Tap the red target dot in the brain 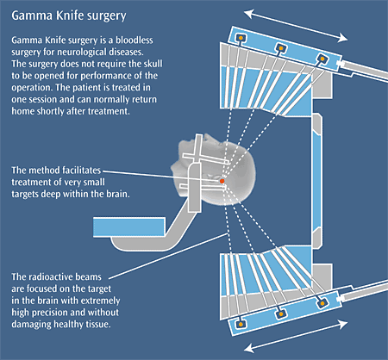point(222,181)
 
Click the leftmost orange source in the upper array point(240,38)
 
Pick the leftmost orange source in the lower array point(241,325)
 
